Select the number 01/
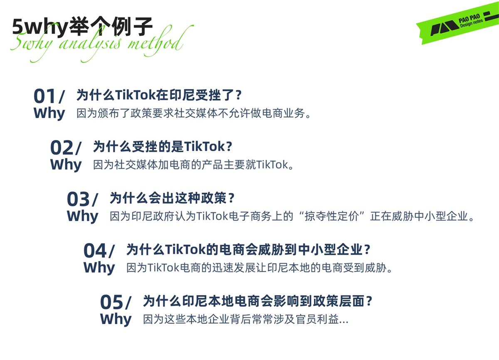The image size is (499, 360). [x=49, y=97]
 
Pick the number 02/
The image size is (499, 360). [x=66, y=148]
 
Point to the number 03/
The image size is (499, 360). [x=82, y=199]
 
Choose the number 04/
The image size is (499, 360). [x=99, y=251]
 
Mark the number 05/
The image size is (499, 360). [x=116, y=302]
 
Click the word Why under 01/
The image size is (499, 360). [x=49, y=113]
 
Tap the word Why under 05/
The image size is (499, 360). [x=116, y=319]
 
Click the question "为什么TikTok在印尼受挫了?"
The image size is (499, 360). [x=159, y=95]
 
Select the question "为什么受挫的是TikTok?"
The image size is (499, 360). [x=162, y=146]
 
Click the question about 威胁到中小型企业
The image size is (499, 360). [x=248, y=250]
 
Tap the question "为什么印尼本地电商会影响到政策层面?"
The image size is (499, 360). [x=257, y=301]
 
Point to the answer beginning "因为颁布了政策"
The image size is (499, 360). [x=194, y=113]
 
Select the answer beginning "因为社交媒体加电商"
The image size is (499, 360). [x=194, y=165]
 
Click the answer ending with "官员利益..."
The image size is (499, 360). [x=246, y=320]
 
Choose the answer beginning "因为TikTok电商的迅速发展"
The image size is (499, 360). [x=260, y=268]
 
